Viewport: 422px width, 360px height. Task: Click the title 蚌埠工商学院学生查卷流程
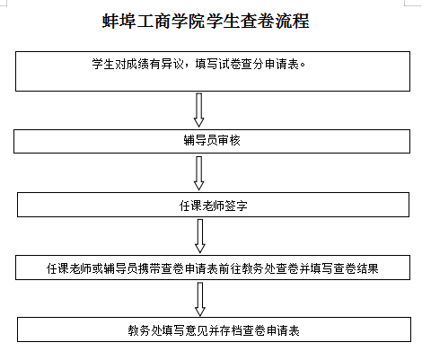coord(206,21)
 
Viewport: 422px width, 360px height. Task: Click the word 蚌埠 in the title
coord(119,21)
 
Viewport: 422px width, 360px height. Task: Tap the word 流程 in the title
coord(292,21)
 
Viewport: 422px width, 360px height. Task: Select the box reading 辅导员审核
coord(212,141)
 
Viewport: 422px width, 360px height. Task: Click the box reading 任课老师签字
coord(213,205)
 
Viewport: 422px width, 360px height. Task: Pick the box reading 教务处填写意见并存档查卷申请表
coord(214,329)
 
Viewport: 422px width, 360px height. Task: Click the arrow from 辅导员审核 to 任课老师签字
coord(199,173)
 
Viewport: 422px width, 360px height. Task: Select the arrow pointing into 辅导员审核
coord(199,110)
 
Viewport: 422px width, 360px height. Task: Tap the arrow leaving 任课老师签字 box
coord(200,236)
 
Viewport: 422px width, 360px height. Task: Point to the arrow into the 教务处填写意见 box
coord(200,299)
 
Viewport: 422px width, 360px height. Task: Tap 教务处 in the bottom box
coord(145,330)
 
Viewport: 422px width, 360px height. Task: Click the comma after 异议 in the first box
coord(188,66)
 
